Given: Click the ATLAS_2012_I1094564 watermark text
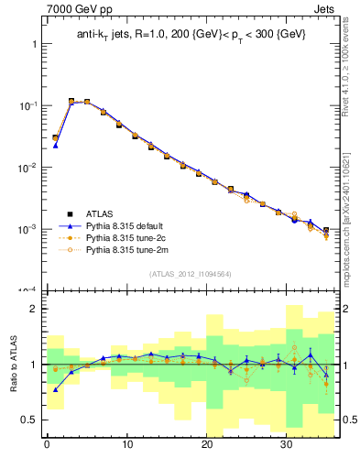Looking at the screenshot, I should (191, 273).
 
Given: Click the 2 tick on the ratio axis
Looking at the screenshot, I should (33, 309).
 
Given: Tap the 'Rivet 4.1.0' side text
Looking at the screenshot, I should (351, 64).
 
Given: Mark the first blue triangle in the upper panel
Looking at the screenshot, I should (55, 145).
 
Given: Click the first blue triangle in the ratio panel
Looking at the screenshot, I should (55, 389).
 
